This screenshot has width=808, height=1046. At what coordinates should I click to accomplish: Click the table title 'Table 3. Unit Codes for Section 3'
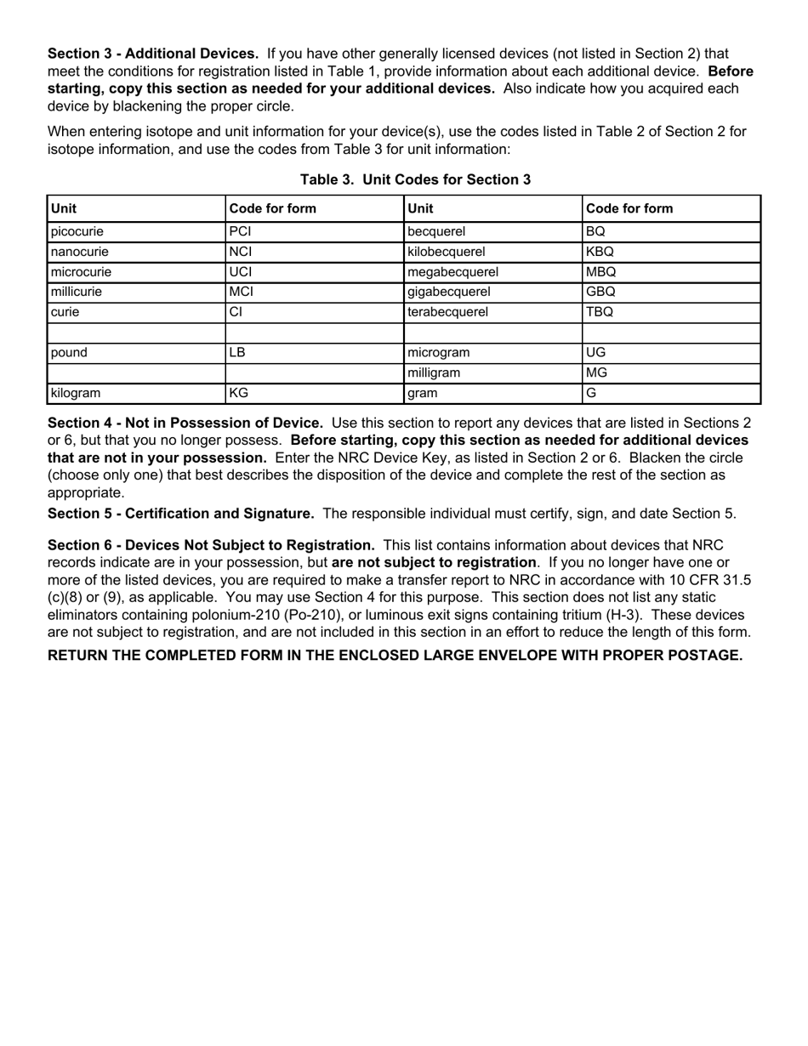click(x=415, y=179)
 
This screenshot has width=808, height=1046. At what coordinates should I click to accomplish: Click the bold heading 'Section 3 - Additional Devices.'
click(x=153, y=54)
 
